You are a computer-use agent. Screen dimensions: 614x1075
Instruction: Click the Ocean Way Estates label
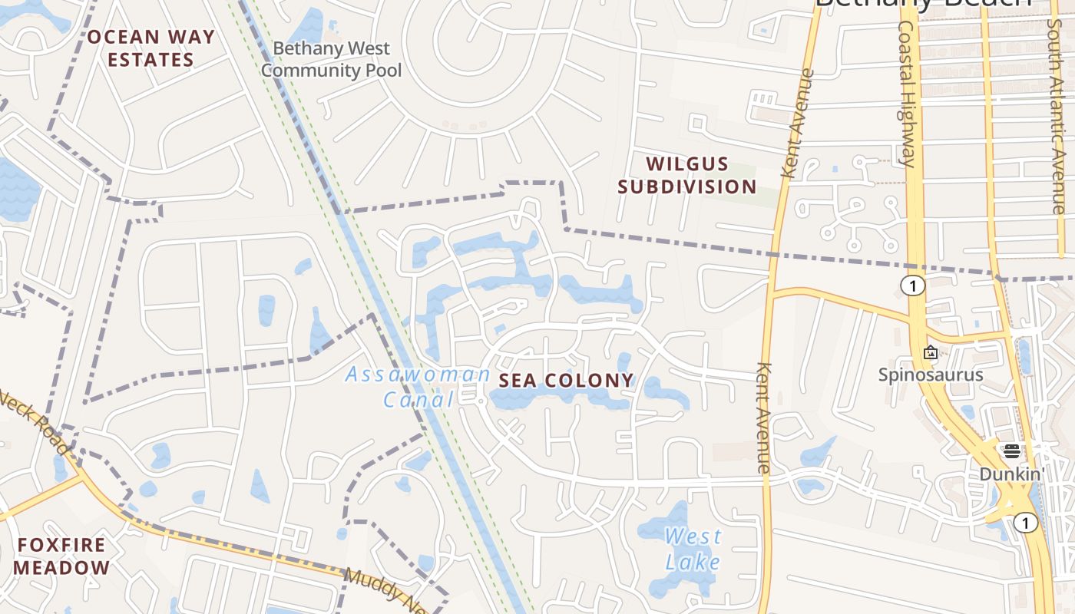click(x=150, y=48)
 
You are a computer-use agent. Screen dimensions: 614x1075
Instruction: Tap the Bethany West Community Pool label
click(x=332, y=60)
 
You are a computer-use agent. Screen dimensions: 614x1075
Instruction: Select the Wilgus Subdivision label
click(x=687, y=175)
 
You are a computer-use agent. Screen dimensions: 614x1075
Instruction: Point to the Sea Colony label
click(x=567, y=380)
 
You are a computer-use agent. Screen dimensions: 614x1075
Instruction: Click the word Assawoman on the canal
click(x=417, y=375)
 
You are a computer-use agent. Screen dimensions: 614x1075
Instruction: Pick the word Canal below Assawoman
click(x=418, y=399)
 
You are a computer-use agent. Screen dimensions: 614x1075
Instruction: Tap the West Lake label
click(x=693, y=549)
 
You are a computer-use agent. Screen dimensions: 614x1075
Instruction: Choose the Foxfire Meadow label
click(x=61, y=556)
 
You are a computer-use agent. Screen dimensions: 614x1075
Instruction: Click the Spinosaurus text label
click(x=931, y=375)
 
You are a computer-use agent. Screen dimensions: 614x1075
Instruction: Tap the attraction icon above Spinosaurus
click(x=931, y=353)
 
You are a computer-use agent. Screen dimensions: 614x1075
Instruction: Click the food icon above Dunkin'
click(x=1012, y=451)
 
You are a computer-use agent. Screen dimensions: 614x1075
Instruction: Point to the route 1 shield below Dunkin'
click(x=1025, y=523)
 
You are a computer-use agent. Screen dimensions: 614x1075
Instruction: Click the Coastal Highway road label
click(x=906, y=94)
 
